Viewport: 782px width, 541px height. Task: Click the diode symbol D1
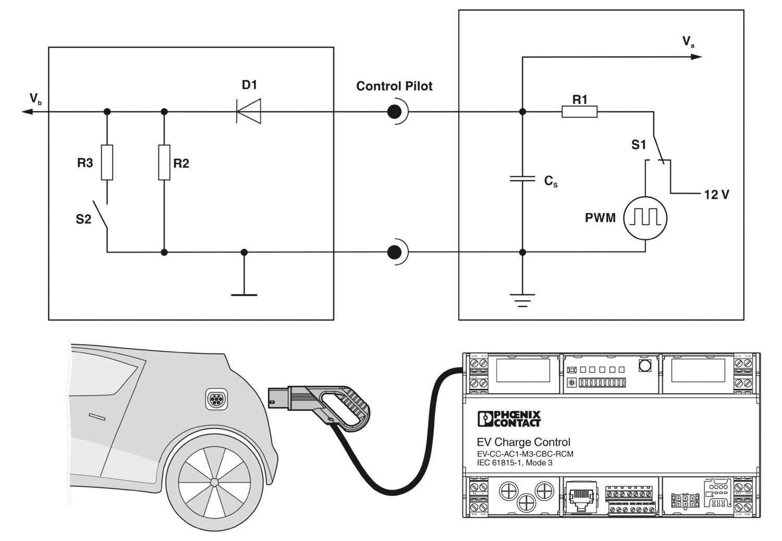(249, 111)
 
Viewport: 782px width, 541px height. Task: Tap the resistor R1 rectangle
(579, 111)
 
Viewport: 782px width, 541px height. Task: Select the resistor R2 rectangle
(164, 162)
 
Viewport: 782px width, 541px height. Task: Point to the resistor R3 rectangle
(107, 162)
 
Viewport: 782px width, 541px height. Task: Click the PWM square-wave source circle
(645, 218)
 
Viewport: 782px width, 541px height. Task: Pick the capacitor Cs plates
(522, 179)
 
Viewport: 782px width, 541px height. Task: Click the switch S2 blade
(101, 215)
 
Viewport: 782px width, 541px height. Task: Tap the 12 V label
(716, 195)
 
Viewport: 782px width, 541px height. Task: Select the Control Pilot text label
(394, 86)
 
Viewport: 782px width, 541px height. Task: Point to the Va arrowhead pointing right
(697, 56)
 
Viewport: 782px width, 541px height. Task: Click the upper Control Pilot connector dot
(395, 111)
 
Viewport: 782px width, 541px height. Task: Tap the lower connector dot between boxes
(395, 253)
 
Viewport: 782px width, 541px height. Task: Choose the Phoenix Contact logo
(509, 419)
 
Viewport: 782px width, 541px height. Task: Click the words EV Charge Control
(523, 442)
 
